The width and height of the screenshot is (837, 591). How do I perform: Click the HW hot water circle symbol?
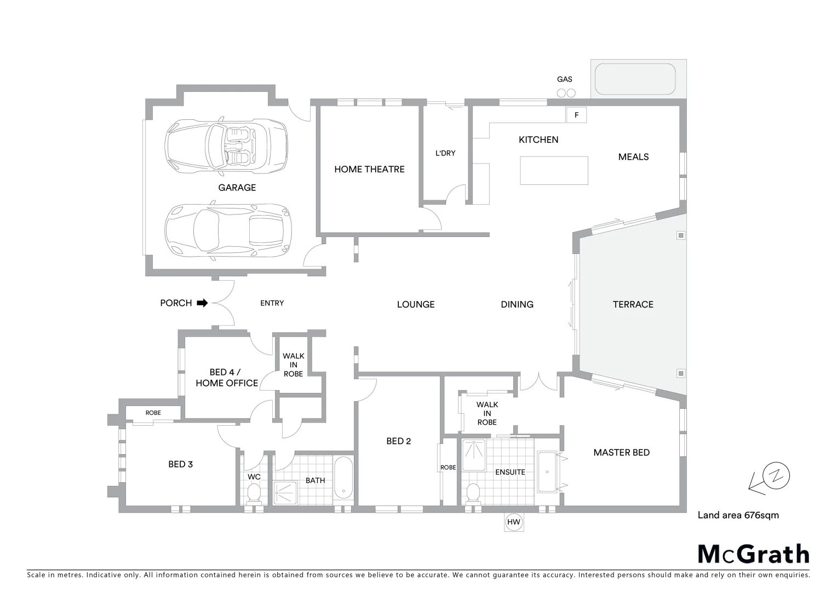(x=513, y=522)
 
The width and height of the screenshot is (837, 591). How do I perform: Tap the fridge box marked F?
(x=576, y=115)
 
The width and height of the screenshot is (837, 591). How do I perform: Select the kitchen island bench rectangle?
(x=554, y=170)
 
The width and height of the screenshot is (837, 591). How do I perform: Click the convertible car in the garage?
(x=226, y=146)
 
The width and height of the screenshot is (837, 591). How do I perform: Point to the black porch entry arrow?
(x=202, y=303)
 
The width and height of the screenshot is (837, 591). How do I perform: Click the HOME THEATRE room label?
(x=369, y=169)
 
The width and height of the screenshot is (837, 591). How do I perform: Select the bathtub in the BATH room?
(x=343, y=478)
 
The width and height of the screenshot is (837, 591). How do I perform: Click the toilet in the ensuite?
(x=472, y=493)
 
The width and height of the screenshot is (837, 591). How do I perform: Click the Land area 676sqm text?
(x=737, y=515)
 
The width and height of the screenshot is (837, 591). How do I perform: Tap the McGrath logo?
(x=753, y=554)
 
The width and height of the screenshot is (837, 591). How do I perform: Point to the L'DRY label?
(x=445, y=153)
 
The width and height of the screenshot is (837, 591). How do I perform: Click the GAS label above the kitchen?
(x=564, y=79)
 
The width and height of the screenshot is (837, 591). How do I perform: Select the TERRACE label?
(x=633, y=304)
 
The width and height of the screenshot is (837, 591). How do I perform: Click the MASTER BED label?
(x=621, y=453)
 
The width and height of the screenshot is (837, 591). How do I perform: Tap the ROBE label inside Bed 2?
(x=448, y=467)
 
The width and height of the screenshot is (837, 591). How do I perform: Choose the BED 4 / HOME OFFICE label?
(x=226, y=378)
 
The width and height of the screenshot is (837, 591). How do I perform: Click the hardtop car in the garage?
(x=228, y=231)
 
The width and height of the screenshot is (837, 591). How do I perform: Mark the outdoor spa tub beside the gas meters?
(x=635, y=79)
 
